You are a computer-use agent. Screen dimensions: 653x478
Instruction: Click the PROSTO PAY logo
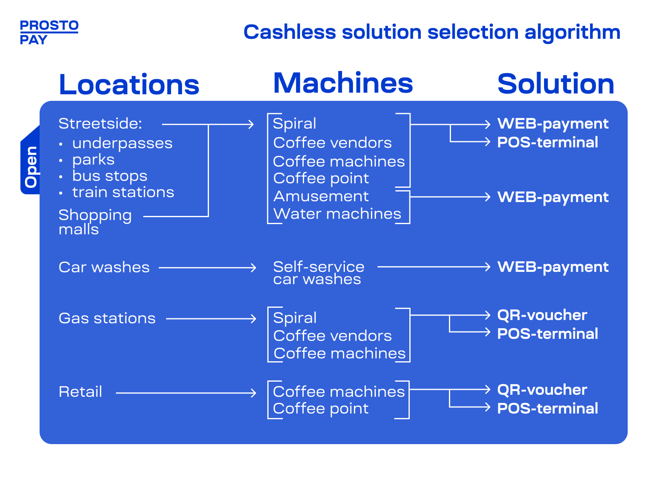pyautogui.click(x=49, y=32)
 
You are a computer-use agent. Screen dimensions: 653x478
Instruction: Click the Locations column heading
pyautogui.click(x=129, y=84)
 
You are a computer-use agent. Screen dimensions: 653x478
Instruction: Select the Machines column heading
pyautogui.click(x=343, y=83)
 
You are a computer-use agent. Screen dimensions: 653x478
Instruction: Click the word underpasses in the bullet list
pyautogui.click(x=122, y=144)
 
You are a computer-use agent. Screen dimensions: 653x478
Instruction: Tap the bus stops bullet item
pyautogui.click(x=110, y=176)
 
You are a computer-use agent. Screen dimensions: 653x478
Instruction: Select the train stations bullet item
pyautogui.click(x=123, y=193)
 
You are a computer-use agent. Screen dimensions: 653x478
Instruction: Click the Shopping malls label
pyautogui.click(x=95, y=222)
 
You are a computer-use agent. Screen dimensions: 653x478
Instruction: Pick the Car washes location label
pyautogui.click(x=104, y=267)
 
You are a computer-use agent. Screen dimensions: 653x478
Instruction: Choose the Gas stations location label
pyautogui.click(x=107, y=318)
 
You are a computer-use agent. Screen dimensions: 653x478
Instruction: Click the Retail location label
pyautogui.click(x=80, y=392)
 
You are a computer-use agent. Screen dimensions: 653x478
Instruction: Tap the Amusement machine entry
pyautogui.click(x=321, y=197)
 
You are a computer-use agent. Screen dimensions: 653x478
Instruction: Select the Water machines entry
pyautogui.click(x=337, y=214)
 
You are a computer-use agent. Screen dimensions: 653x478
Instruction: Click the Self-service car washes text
pyautogui.click(x=319, y=273)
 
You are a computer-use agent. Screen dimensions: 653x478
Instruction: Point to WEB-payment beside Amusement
pyautogui.click(x=553, y=198)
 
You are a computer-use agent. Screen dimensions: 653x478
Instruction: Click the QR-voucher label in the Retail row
pyautogui.click(x=542, y=390)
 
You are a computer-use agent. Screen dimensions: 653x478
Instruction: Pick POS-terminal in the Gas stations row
pyautogui.click(x=548, y=334)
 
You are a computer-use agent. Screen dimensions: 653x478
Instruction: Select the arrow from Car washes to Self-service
pyautogui.click(x=208, y=268)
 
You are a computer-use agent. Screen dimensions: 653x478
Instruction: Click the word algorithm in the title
pyautogui.click(x=573, y=33)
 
